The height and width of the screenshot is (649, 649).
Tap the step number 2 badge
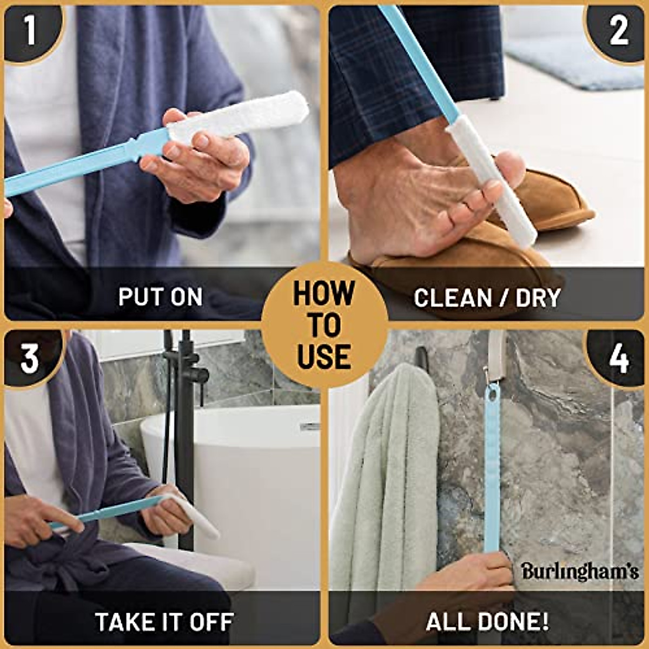619,31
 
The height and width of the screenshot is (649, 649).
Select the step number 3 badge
30,357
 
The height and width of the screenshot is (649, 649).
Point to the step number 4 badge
619,357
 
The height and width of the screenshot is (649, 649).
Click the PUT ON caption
161,297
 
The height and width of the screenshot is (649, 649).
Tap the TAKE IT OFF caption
164,622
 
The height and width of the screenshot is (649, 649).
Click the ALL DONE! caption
487,622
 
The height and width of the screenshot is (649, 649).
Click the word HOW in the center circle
324,294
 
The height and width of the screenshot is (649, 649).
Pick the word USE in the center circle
324,357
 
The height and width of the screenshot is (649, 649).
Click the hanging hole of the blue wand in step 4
492,393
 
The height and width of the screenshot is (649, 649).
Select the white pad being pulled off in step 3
195,516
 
